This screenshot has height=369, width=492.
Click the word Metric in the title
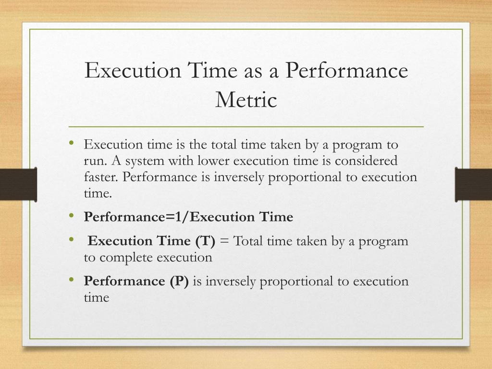(x=246, y=99)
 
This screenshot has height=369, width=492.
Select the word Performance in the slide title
(x=346, y=70)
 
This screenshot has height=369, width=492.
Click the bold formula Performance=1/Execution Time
(x=188, y=217)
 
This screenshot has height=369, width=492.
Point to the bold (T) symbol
(x=205, y=241)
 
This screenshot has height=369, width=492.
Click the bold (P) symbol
(x=179, y=281)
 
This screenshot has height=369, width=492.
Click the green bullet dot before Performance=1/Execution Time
(x=72, y=215)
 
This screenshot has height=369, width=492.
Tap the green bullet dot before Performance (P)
(x=72, y=279)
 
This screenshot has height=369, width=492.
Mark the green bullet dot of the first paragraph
(x=72, y=143)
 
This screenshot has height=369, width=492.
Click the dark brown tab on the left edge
(x=19, y=184)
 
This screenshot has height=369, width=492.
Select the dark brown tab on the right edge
(x=473, y=184)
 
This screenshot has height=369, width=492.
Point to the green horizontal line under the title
(x=246, y=127)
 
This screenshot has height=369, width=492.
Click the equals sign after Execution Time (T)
(x=224, y=241)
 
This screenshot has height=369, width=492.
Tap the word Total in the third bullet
(x=248, y=241)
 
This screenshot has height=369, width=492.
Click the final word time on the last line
(x=96, y=297)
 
